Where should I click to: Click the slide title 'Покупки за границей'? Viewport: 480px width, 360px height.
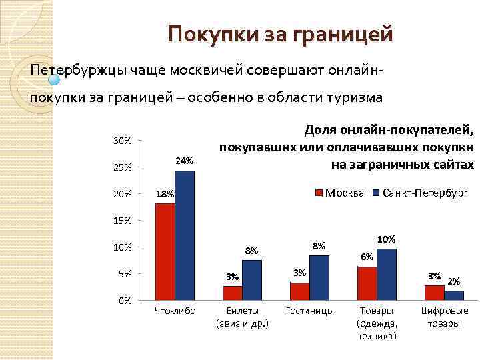pyautogui.click(x=280, y=33)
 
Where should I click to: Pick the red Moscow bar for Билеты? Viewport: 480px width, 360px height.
pyautogui.click(x=232, y=293)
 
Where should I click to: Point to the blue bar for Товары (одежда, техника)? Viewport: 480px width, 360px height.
pyautogui.click(x=387, y=274)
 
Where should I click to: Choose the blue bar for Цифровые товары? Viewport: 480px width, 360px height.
pyautogui.click(x=454, y=295)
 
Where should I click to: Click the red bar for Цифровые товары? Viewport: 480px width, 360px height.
pyautogui.click(x=435, y=293)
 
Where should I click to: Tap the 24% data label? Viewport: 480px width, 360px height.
pyautogui.click(x=184, y=161)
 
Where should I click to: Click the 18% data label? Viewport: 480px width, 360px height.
pyautogui.click(x=164, y=194)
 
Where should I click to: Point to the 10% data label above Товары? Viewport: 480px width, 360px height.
pyautogui.click(x=387, y=239)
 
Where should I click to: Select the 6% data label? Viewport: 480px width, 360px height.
pyautogui.click(x=367, y=257)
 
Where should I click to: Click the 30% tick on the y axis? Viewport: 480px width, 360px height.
pyautogui.click(x=122, y=141)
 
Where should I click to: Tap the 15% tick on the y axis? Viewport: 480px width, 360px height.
pyautogui.click(x=122, y=221)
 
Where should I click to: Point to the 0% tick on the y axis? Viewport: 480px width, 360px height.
pyautogui.click(x=124, y=301)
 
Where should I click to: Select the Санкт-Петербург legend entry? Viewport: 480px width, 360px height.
pyautogui.click(x=420, y=193)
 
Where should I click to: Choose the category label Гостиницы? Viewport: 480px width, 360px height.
pyautogui.click(x=309, y=311)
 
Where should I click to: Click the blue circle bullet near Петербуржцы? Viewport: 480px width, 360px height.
pyautogui.click(x=55, y=79)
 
